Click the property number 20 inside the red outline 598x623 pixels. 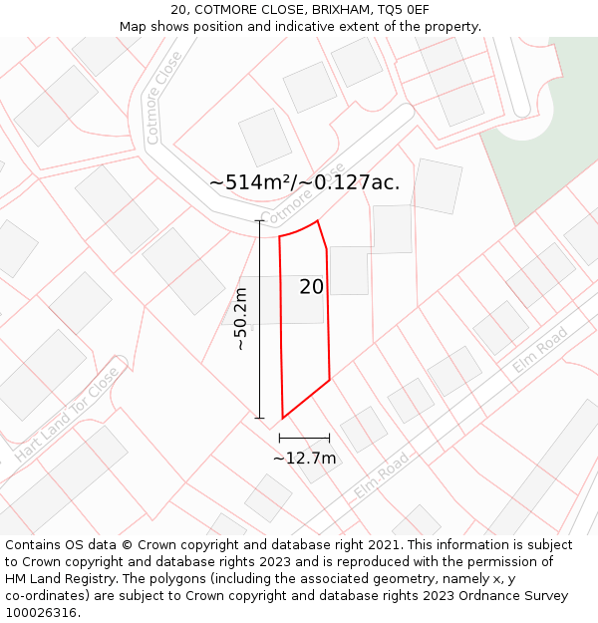[311, 287]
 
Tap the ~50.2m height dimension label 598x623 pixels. [240, 319]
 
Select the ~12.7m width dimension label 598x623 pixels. [304, 459]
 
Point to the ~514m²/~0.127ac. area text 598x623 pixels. [304, 182]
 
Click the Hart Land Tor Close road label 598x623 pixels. [67, 413]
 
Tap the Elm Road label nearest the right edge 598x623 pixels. [540, 350]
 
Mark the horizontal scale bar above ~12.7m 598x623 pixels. [304, 438]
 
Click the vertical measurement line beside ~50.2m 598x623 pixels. [260, 319]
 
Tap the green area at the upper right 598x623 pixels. [548, 140]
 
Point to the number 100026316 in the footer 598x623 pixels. [42, 612]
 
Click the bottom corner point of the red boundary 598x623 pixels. [283, 418]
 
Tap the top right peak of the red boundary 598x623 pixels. [317, 221]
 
